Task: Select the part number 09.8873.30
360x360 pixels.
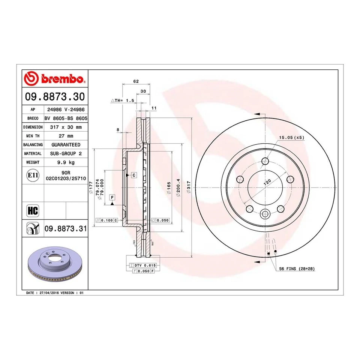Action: tap(54, 97)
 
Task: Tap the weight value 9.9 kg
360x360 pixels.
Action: tap(66, 162)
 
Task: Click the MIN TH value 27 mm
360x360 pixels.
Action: tap(66, 135)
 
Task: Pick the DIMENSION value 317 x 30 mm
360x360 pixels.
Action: tap(66, 127)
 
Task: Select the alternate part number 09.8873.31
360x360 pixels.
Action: tap(66, 228)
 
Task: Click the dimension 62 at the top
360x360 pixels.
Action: tap(136, 81)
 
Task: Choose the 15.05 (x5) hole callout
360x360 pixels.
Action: tap(291, 138)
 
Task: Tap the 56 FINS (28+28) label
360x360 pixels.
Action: tap(296, 269)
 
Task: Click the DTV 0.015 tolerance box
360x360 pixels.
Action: tap(142, 265)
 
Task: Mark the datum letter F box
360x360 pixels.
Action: tap(112, 197)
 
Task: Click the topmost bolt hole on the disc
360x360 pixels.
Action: tap(265, 161)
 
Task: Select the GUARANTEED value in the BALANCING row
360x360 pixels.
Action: tap(66, 144)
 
